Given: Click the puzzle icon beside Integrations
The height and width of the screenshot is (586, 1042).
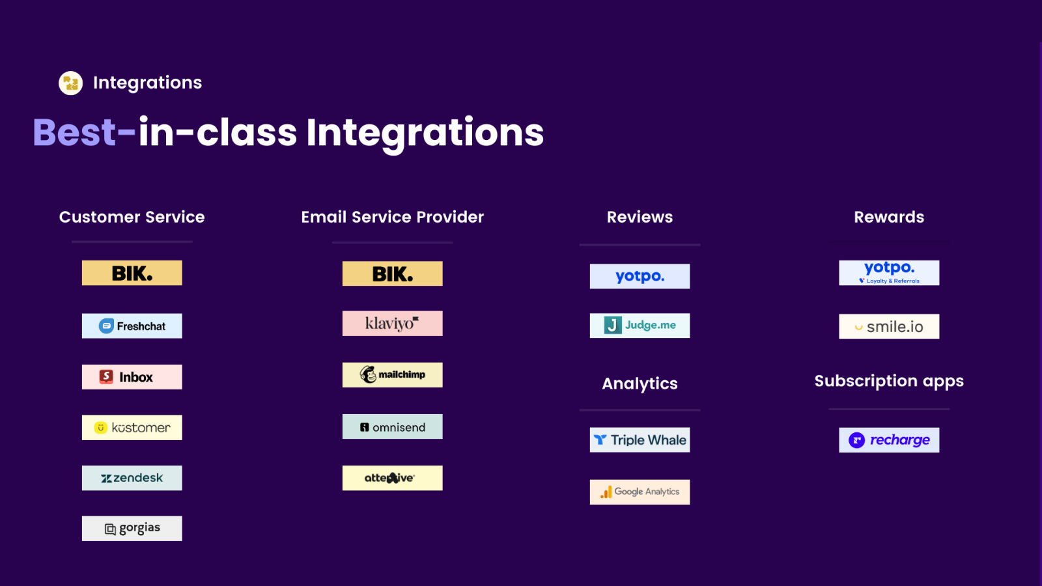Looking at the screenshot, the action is click(71, 83).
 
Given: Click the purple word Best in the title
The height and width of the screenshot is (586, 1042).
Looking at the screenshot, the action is click(74, 133).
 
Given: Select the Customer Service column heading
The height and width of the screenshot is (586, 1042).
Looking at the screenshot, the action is click(132, 217).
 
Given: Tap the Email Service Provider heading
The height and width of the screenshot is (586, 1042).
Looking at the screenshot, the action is click(392, 217).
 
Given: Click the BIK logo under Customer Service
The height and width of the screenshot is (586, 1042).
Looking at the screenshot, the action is click(132, 273).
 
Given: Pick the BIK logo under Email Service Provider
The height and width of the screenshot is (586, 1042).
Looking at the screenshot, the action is click(393, 273).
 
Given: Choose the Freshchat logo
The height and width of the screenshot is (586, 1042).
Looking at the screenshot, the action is click(132, 326).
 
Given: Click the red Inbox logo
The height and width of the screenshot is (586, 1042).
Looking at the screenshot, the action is click(132, 377).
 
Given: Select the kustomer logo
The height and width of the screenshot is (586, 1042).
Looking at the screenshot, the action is click(132, 427).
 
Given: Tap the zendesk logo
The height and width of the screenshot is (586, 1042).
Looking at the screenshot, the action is click(132, 478).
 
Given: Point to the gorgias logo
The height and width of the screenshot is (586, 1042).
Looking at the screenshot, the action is click(132, 528).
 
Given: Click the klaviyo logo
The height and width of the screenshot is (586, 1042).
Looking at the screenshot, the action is click(393, 323).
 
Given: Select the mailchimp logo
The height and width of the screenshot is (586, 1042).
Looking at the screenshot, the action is click(393, 375).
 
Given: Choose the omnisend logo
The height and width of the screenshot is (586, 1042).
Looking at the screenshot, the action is click(393, 426).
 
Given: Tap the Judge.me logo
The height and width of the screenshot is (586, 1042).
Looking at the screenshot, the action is click(640, 326).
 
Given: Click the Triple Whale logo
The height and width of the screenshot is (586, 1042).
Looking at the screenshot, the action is click(640, 440).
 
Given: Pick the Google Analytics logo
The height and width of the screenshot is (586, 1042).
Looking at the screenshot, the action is click(640, 492).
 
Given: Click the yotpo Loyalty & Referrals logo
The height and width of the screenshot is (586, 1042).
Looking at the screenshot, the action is click(889, 273).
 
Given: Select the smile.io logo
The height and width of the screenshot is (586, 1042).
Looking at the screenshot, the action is click(889, 326).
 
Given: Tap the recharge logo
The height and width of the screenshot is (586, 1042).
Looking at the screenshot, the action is click(889, 440).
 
